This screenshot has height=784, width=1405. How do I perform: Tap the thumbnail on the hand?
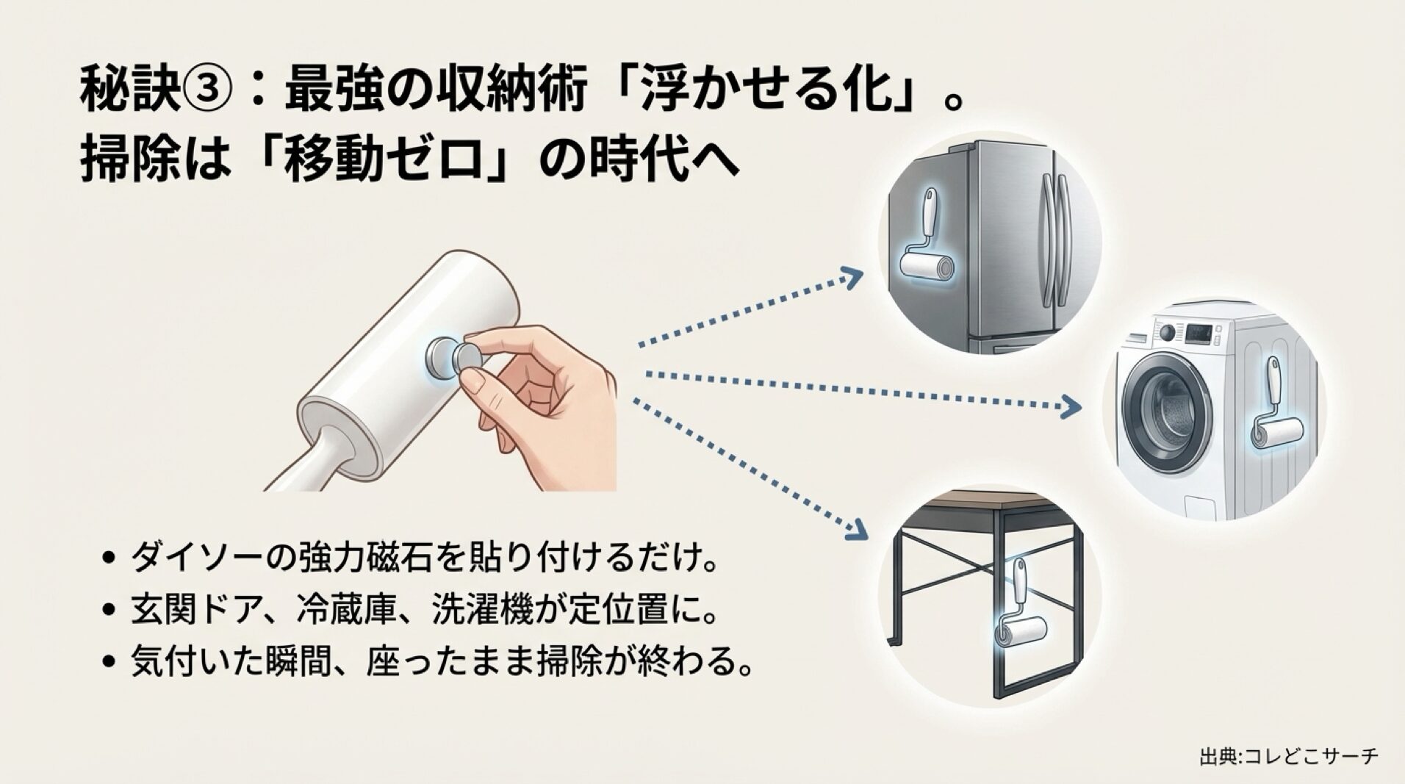[x=476, y=382]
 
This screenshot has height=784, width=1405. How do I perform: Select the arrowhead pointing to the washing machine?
[x=1072, y=406]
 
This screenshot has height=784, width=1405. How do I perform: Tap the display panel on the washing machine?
[x=1199, y=332]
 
